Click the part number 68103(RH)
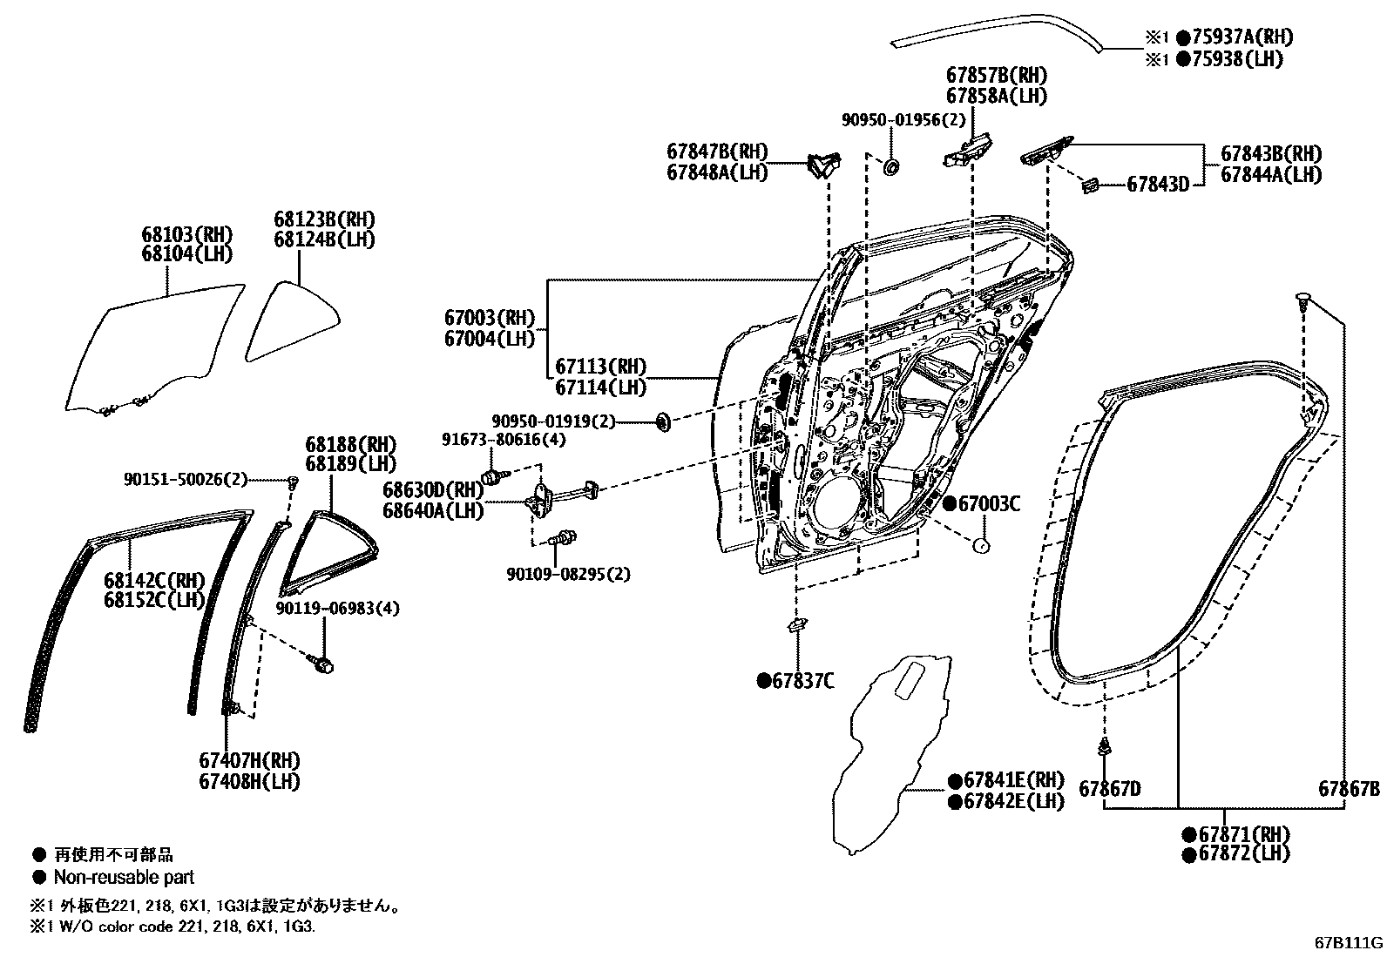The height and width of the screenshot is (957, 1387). [x=187, y=234]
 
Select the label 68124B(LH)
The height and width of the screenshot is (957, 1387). [x=324, y=239]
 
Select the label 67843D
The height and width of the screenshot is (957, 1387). [x=1158, y=185]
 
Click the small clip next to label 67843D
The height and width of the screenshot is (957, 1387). [x=1089, y=184]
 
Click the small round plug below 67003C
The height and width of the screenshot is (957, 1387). [x=980, y=546]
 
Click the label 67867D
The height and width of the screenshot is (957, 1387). [x=1109, y=789]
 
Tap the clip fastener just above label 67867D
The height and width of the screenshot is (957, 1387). [x=1105, y=746]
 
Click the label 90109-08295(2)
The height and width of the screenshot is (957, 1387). [x=568, y=574]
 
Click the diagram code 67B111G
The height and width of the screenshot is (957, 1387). [x=1349, y=942]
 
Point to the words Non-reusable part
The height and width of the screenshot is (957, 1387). [x=124, y=877]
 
